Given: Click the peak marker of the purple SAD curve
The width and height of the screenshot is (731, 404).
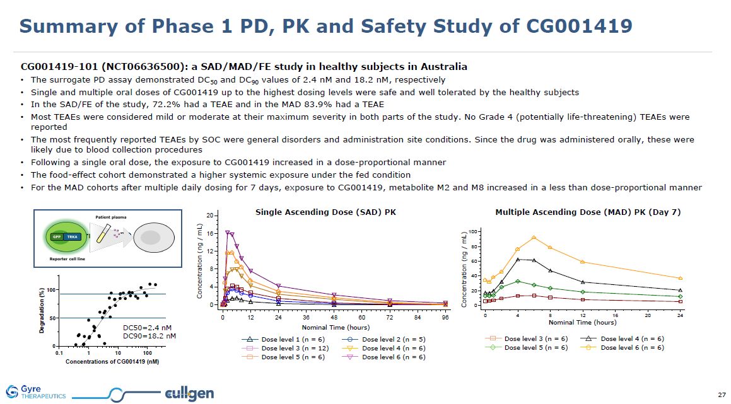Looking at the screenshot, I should click(227, 233).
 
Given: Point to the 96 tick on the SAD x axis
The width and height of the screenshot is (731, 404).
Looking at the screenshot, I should click(445, 317).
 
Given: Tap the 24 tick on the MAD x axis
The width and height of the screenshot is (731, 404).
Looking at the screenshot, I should click(679, 314).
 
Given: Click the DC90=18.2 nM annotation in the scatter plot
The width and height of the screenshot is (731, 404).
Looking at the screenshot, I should click(149, 336).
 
